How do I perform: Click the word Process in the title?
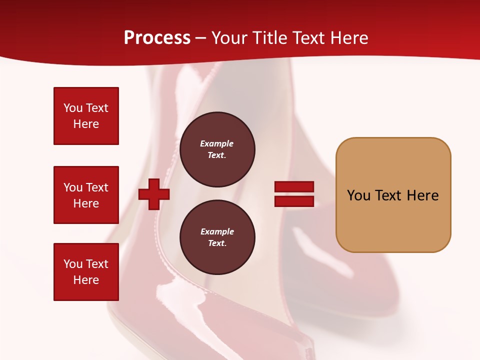point(157,38)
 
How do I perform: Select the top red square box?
point(86,116)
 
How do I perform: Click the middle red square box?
point(86,195)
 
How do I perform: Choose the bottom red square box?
point(86,272)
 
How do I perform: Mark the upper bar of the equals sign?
point(294,187)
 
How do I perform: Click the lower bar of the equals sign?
point(294,201)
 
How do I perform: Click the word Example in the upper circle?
point(217,143)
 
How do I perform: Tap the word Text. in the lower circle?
point(217,243)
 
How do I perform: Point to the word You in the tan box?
point(358,195)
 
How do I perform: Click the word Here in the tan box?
point(422,195)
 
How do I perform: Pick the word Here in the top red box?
point(86,124)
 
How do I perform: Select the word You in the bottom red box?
point(73,264)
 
